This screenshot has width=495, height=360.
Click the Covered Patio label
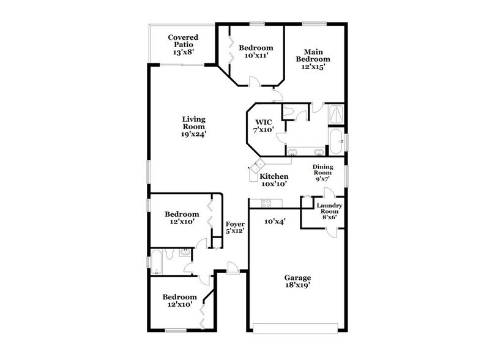click(x=183, y=45)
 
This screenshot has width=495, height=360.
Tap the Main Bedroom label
click(x=313, y=59)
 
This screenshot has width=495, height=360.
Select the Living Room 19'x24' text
click(x=193, y=127)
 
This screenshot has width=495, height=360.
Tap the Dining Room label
click(x=322, y=173)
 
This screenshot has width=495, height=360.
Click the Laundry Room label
click(x=329, y=210)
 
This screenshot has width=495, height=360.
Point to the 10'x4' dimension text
click(x=275, y=222)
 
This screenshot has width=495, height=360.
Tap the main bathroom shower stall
click(x=336, y=113)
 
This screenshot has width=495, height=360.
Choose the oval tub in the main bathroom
click(x=336, y=141)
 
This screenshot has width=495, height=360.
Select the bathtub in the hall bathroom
click(x=157, y=262)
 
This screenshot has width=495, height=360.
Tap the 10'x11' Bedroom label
click(x=256, y=52)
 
